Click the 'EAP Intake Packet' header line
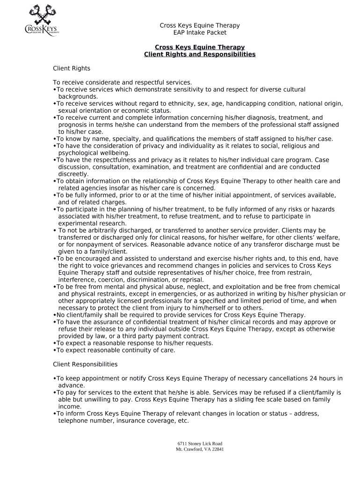(x=200, y=33)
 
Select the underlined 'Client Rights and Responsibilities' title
(x=200, y=54)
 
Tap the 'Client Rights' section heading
(x=72, y=68)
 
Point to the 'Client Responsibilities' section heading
(x=85, y=364)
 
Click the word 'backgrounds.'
(x=75, y=96)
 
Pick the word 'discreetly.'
(x=73, y=174)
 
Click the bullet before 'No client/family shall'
(x=55, y=315)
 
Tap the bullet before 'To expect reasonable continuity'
(x=55, y=350)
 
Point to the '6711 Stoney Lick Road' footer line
(x=200, y=443)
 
